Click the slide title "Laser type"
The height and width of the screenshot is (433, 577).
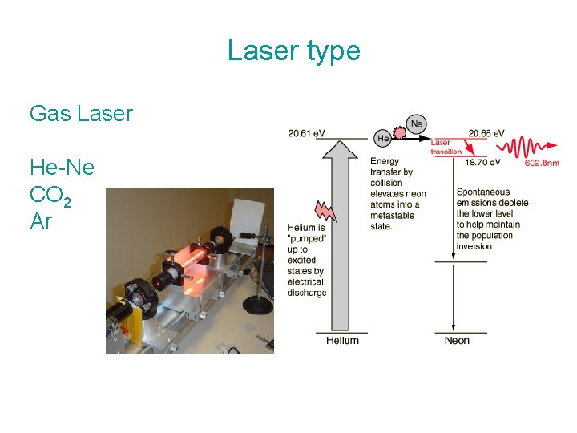tap(293, 51)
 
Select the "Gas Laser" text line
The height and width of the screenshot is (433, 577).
tap(81, 114)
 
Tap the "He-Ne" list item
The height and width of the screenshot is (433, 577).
tap(62, 168)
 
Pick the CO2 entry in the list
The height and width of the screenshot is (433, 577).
tap(50, 195)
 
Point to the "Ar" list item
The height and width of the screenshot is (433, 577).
tap(41, 221)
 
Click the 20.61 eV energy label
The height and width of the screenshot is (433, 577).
tap(309, 133)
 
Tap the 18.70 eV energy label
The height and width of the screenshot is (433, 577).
tap(482, 162)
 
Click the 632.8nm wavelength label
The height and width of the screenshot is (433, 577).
tap(542, 163)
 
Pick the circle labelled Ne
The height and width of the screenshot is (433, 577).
tap(416, 124)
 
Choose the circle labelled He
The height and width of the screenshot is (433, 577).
tap(384, 138)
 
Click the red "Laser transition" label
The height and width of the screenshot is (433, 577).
tap(446, 147)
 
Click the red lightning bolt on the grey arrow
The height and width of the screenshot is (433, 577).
tap(327, 212)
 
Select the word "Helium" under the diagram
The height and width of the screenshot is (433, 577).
tap(342, 341)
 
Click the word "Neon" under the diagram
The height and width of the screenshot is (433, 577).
tap(457, 341)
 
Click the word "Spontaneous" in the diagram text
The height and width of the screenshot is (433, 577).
tap(483, 192)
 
